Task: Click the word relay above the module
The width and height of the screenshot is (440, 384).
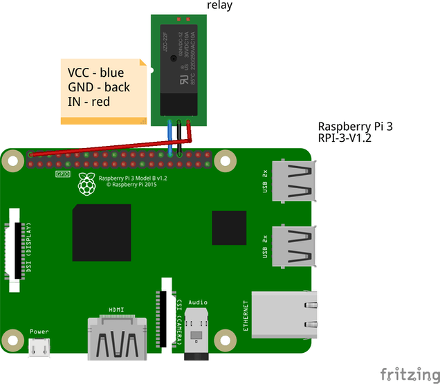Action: tap(220, 6)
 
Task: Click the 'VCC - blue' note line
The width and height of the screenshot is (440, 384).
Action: tap(96, 73)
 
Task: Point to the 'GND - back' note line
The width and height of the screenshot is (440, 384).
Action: tap(98, 87)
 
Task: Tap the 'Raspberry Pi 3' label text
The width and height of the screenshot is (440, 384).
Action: tap(353, 127)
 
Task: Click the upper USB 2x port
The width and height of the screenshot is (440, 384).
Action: tap(294, 183)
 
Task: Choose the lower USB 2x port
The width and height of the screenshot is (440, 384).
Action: tap(294, 246)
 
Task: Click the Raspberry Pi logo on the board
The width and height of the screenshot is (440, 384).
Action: tap(86, 184)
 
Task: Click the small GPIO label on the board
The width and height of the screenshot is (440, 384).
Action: tap(61, 174)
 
